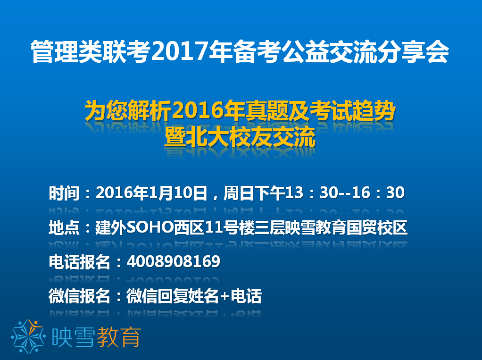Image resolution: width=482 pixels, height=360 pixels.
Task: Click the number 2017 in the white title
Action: point(180,51)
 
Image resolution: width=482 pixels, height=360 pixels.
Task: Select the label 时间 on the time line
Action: point(64,193)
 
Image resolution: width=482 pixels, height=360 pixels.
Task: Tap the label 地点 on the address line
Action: point(64,228)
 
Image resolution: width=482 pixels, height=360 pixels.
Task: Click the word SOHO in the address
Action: point(150,228)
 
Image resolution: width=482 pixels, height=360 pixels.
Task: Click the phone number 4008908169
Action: point(174,261)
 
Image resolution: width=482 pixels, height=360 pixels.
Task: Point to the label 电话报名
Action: point(80,262)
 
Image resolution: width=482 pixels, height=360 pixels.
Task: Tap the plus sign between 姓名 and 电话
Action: point(225,296)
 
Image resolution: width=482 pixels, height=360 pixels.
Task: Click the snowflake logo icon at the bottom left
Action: point(28,336)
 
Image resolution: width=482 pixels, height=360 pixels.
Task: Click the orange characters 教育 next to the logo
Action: point(119,337)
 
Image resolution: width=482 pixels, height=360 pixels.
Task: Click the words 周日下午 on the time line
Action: point(255,193)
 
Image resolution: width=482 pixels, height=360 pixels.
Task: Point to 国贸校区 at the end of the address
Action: point(377,228)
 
